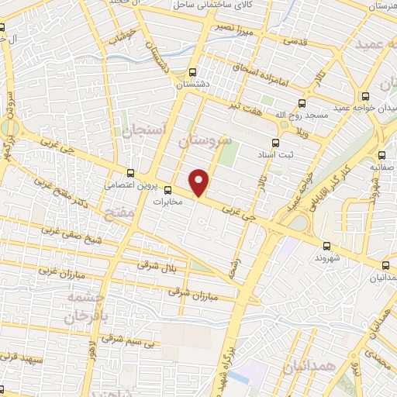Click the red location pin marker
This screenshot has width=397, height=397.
[x=200, y=181]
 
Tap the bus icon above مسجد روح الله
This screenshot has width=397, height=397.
[x=302, y=102]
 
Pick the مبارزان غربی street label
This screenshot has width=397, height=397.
[x=57, y=271]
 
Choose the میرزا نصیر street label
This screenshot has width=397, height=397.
[x=236, y=33]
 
